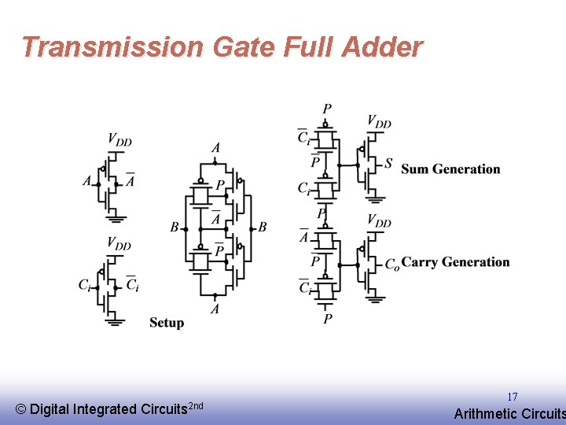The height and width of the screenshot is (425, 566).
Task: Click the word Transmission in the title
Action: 112,47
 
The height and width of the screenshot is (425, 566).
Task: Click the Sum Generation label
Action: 450,169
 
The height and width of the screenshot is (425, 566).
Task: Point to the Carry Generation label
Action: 455,262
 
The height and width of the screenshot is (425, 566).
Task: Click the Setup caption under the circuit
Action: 167,323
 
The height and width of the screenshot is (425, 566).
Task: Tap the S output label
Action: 388,164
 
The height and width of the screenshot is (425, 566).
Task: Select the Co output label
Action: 391,264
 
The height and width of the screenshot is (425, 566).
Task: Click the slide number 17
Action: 512,397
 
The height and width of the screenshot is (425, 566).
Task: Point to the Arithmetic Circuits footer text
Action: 509,414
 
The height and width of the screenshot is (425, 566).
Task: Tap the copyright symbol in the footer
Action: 21,409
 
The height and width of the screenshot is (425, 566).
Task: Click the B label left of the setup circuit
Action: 174,227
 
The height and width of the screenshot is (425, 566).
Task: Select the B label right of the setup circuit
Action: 263,227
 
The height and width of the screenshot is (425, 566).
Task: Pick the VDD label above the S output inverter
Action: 379,122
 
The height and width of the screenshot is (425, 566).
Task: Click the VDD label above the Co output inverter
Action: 379,222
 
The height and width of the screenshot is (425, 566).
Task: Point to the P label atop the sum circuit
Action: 327,109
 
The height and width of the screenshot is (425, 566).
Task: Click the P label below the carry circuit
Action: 327,318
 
